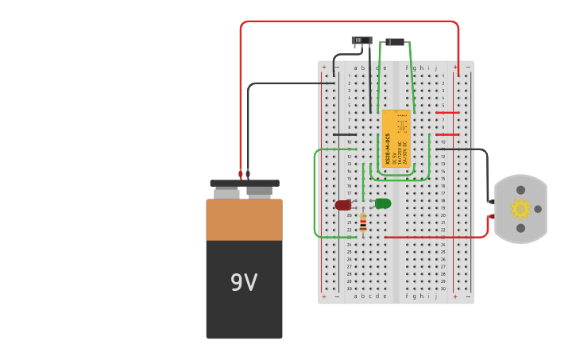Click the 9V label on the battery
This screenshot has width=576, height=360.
coord(244,283)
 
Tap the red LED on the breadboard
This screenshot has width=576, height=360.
coord(342,205)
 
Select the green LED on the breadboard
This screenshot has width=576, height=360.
coord(383,203)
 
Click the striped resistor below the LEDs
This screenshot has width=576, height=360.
coord(363,222)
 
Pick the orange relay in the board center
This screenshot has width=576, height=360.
coord(396,137)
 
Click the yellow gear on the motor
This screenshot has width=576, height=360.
coord(520,209)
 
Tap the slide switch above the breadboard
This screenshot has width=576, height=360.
coord(361,41)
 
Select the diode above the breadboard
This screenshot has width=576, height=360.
coord(395,42)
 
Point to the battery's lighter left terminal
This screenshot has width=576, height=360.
coord(226,193)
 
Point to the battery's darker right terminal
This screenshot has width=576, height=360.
coord(259,192)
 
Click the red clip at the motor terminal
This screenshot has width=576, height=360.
coord(491,216)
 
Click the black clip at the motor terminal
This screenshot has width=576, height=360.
coord(490,202)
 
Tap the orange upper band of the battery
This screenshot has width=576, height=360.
coord(244,220)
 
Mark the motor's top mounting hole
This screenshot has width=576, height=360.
coord(520,190)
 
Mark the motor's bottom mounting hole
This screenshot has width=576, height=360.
coord(520,228)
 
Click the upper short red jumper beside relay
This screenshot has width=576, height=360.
coord(447,113)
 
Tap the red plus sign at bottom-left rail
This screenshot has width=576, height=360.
coord(323,296)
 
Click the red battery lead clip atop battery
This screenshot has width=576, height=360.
coord(241,174)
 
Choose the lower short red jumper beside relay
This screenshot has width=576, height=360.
coord(447,134)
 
